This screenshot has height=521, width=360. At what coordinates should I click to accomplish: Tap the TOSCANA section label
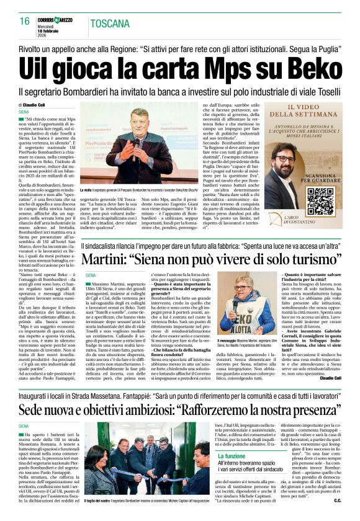[x=110, y=24]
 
